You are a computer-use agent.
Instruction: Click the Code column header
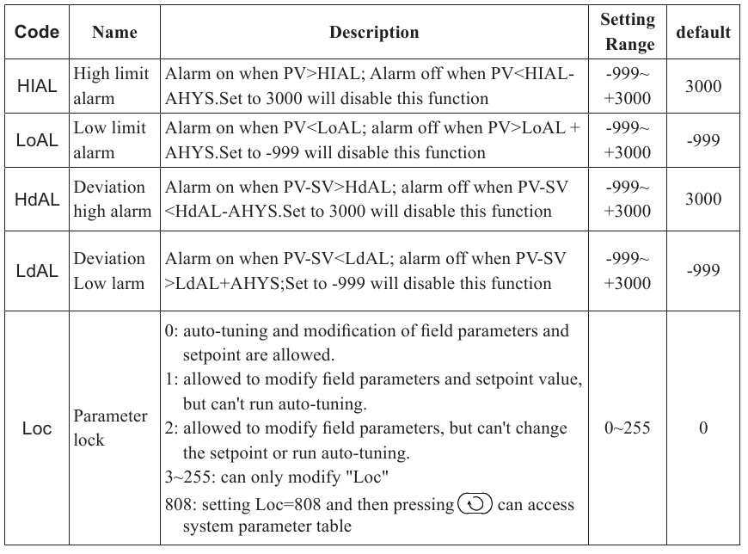point(37,33)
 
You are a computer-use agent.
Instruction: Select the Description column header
point(374,33)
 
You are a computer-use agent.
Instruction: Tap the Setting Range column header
point(628,32)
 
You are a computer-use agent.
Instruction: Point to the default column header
point(703,33)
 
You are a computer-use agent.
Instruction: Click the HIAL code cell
point(37,86)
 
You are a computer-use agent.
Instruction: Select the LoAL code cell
point(37,140)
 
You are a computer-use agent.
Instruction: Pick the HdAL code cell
point(37,199)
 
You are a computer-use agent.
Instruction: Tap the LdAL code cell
point(37,270)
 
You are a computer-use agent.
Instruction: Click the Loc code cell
point(37,428)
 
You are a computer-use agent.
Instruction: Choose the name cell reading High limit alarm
point(111,86)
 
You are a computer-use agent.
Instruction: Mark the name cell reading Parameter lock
point(111,428)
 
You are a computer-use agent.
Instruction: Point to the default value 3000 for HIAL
point(703,86)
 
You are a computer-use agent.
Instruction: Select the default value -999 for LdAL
point(703,270)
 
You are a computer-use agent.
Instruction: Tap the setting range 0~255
point(628,428)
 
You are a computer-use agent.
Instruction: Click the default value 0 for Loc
point(703,428)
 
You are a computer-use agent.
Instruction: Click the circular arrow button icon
point(475,504)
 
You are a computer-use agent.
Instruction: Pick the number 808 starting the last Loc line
point(177,505)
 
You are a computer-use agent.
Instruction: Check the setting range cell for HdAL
point(628,199)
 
